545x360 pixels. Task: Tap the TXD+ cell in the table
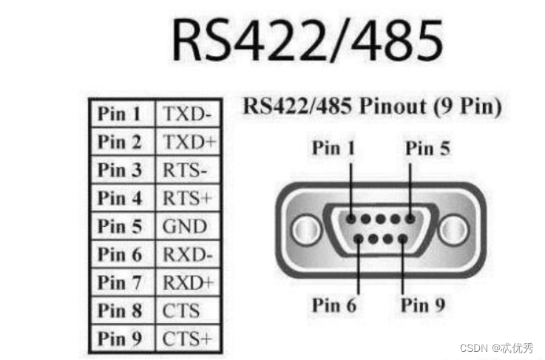pyautogui.click(x=186, y=142)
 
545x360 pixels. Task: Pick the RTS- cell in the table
pyautogui.click(x=184, y=171)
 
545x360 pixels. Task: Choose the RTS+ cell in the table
pyautogui.click(x=186, y=198)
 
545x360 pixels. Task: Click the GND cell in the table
pyautogui.click(x=184, y=226)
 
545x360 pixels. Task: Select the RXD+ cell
pyautogui.click(x=188, y=282)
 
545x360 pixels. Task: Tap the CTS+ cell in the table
pyautogui.click(x=186, y=339)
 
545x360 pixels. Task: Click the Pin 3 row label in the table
pyautogui.click(x=119, y=171)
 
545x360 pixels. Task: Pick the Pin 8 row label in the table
pyautogui.click(x=119, y=310)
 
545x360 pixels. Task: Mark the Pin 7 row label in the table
pyautogui.click(x=119, y=282)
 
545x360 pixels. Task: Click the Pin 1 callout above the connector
pyautogui.click(x=334, y=148)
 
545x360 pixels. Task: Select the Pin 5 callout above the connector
pyautogui.click(x=427, y=148)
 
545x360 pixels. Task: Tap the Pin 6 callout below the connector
pyautogui.click(x=334, y=305)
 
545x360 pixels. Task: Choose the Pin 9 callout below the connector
pyautogui.click(x=423, y=305)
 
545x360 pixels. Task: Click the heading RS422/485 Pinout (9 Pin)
pyautogui.click(x=371, y=106)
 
